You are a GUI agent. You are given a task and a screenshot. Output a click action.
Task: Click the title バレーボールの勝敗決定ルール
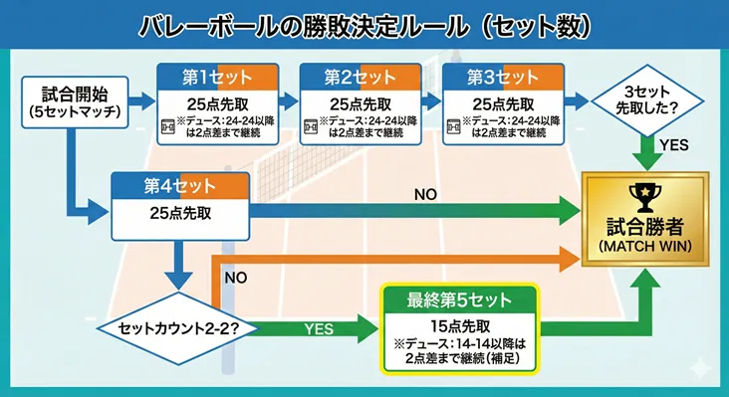tap(364, 25)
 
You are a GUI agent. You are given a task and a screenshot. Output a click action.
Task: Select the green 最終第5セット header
tap(459, 299)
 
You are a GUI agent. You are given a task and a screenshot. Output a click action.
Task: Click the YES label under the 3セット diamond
tap(672, 145)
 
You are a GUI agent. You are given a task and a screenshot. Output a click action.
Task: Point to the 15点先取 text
tap(459, 324)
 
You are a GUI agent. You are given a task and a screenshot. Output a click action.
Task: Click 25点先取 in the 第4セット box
tap(178, 212)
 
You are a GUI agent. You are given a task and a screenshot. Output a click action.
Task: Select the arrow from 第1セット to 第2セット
tap(286, 100)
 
